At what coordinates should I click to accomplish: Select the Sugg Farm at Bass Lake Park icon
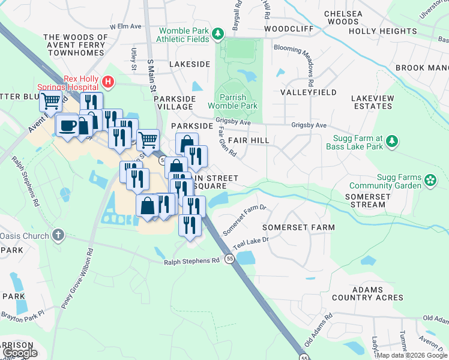pos(391,142)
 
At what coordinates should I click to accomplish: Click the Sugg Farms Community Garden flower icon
pos(430,181)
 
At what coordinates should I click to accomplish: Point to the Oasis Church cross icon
pos(58,235)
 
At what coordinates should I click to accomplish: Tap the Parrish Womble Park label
pos(238,101)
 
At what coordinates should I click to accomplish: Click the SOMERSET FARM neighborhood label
pos(298,228)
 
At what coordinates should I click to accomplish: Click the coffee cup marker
pos(67,125)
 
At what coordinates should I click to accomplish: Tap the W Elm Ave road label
pos(125,27)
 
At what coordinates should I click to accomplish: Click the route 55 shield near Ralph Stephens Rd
pos(230,259)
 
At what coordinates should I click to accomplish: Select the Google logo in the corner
pos(20,353)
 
